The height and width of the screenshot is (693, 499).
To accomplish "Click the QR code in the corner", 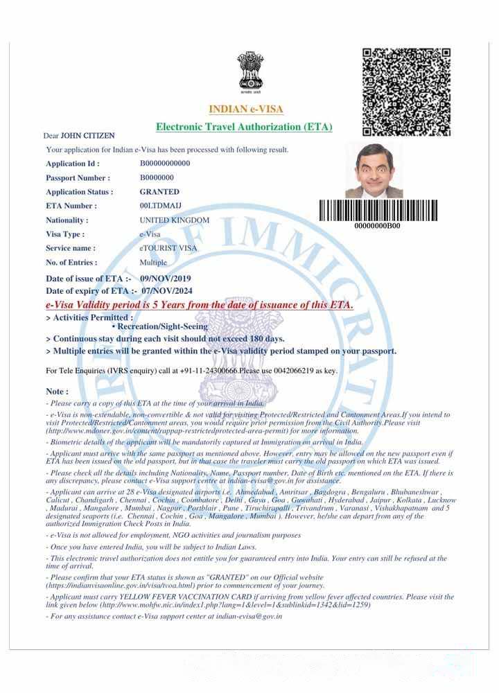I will pyautogui.click(x=406, y=92).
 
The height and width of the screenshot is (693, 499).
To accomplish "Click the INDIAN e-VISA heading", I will pyautogui.click(x=246, y=109).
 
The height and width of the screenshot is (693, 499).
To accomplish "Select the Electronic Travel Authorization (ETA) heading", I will pyautogui.click(x=244, y=127).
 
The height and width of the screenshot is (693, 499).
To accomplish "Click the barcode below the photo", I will pyautogui.click(x=378, y=210).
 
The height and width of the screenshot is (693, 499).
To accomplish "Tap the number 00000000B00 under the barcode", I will pyautogui.click(x=377, y=226).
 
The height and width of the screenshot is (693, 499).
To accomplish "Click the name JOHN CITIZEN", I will pyautogui.click(x=88, y=136).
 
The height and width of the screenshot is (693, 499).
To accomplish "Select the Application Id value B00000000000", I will pyautogui.click(x=165, y=164).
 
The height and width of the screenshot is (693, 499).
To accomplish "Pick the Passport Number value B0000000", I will pyautogui.click(x=157, y=177).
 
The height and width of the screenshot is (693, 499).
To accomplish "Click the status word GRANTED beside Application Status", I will pyautogui.click(x=159, y=192).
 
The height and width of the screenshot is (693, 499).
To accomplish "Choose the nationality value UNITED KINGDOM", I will pyautogui.click(x=174, y=220).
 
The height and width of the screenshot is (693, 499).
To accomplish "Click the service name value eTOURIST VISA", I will pyautogui.click(x=168, y=248).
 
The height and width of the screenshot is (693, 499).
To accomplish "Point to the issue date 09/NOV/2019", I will pyautogui.click(x=166, y=279).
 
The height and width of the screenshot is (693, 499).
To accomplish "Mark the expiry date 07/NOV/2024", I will pyautogui.click(x=167, y=291).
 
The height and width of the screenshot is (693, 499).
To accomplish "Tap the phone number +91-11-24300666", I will pyautogui.click(x=209, y=371).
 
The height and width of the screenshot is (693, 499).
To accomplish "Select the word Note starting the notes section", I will pyautogui.click(x=56, y=392).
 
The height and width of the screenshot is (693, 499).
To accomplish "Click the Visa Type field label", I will pyautogui.click(x=65, y=234).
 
